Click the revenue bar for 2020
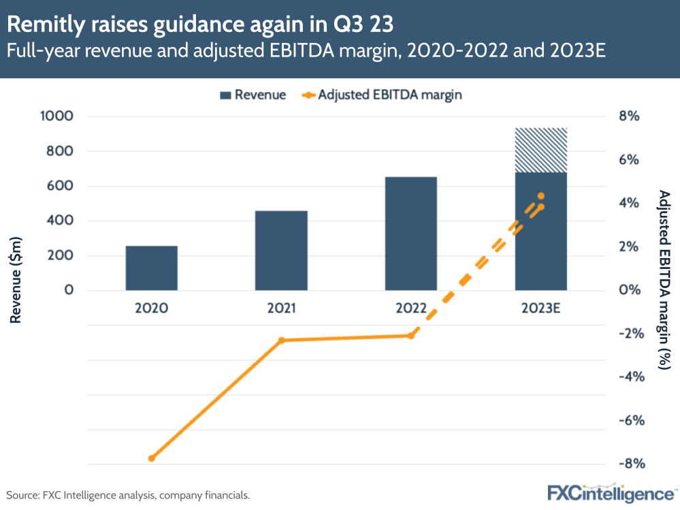coord(151,268)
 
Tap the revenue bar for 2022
coord(410,233)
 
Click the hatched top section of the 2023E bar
coord(540,150)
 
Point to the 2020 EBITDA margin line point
coord(151,458)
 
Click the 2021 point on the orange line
coord(281,340)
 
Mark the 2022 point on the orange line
coord(410,335)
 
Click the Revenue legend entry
coord(253,95)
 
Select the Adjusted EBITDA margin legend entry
coord(381,95)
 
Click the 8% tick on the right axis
coord(629,116)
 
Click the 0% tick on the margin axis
coord(629,290)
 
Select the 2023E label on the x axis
coord(540,308)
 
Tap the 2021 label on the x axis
coord(281,308)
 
